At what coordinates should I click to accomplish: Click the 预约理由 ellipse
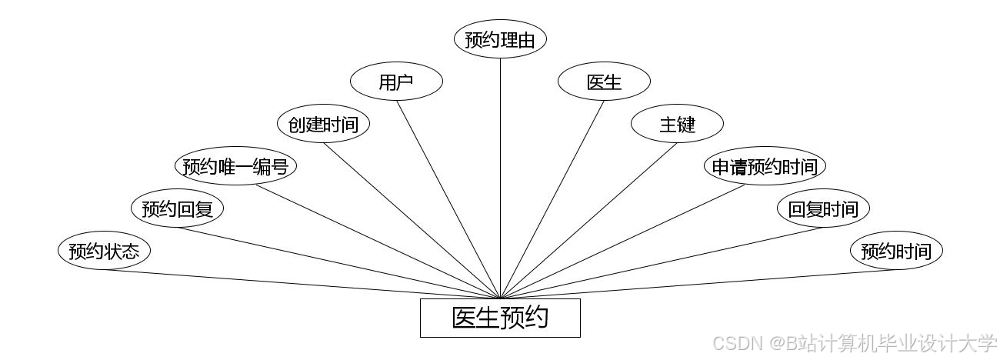tap(500, 39)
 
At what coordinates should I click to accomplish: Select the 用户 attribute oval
tap(396, 82)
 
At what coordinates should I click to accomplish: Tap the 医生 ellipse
tap(604, 82)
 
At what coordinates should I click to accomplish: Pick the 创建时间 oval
tap(323, 124)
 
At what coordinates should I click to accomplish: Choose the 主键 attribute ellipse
tap(677, 124)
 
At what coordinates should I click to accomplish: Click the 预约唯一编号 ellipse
tap(235, 166)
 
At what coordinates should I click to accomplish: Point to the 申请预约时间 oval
tap(765, 166)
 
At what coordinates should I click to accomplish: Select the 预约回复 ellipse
tap(177, 208)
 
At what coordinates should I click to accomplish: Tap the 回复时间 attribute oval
tap(823, 208)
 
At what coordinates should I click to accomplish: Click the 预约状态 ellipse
tap(104, 251)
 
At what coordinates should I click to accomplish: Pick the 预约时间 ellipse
tap(896, 251)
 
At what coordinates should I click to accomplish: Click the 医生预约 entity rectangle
tap(500, 318)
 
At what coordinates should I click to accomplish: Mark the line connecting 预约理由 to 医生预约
tap(500, 177)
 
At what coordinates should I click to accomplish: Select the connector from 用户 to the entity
tap(448, 199)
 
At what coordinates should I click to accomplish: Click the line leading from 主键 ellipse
tap(588, 221)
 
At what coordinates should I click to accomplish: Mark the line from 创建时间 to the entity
tap(412, 221)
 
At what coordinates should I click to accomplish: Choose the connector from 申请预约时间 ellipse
tap(623, 242)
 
